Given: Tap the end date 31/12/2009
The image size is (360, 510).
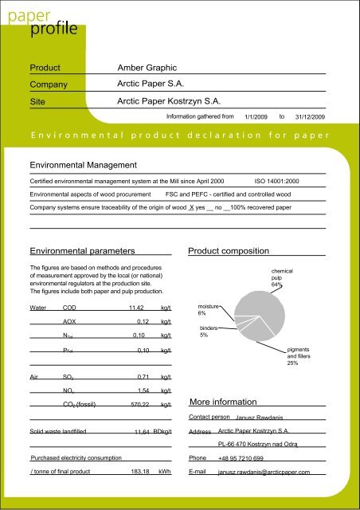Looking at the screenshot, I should [310, 117].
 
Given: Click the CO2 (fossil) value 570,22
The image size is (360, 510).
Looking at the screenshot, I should [139, 404].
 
